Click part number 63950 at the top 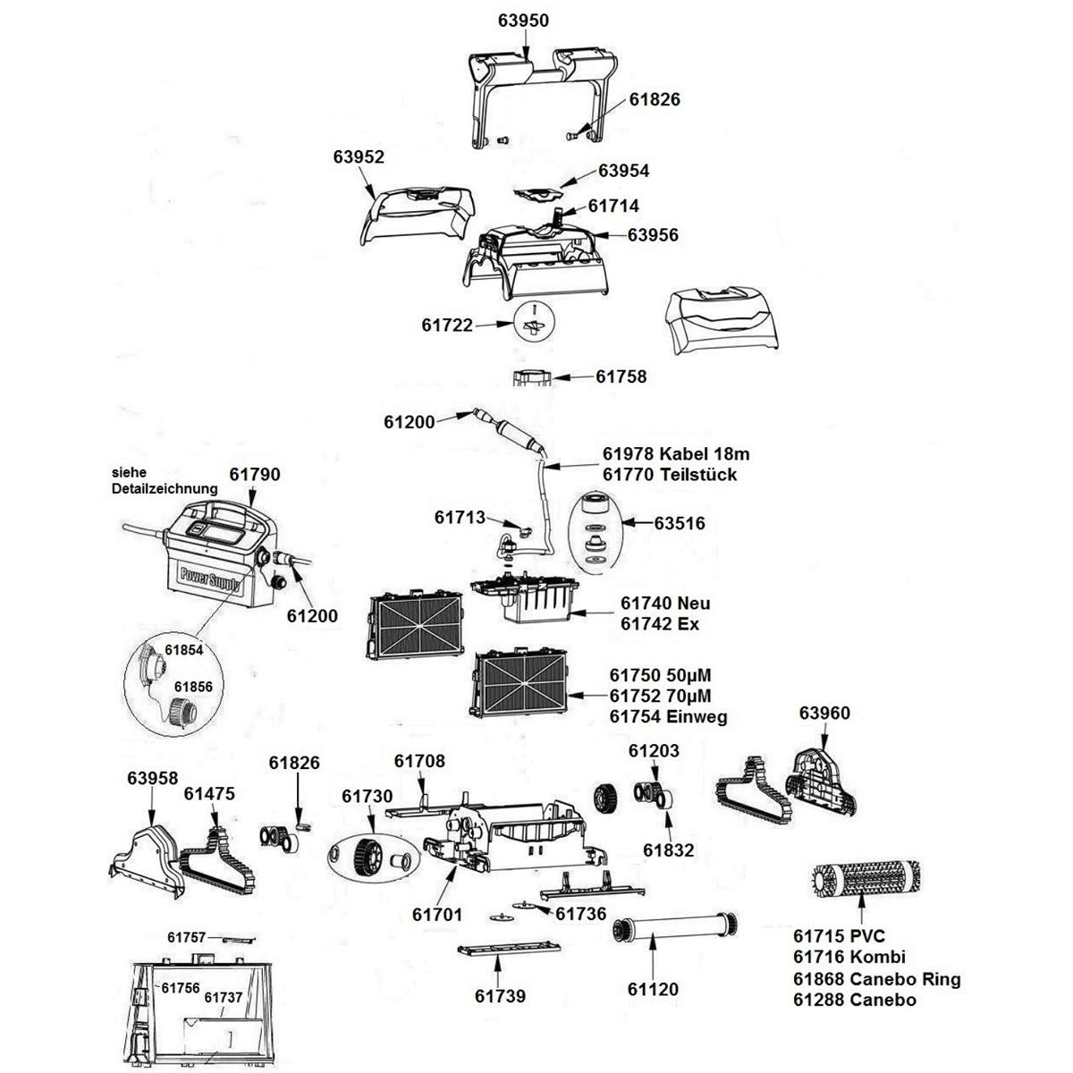522,21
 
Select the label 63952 359,156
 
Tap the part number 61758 621,376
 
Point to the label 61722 447,326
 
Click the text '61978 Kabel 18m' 670,453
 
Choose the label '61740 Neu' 665,604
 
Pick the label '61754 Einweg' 668,716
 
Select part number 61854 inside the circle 184,650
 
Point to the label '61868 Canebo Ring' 876,978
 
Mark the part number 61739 500,996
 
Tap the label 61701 437,914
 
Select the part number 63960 824,714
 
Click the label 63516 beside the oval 680,523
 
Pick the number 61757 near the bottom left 187,937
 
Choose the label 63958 152,779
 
